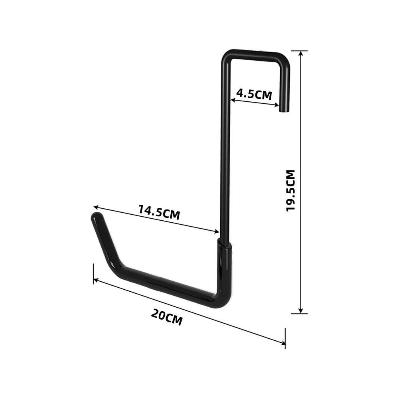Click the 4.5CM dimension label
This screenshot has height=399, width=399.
(254, 94)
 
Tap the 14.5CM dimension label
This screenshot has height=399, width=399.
(159, 212)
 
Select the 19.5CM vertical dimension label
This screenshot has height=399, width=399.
(291, 190)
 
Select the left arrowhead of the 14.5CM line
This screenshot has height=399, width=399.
(96, 207)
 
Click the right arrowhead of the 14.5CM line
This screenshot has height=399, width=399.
(217, 231)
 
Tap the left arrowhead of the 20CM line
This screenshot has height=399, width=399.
(95, 280)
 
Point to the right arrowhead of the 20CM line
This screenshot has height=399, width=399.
(284, 342)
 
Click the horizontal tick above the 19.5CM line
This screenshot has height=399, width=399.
(299, 51)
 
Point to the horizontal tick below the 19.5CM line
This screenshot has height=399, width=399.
(299, 314)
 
